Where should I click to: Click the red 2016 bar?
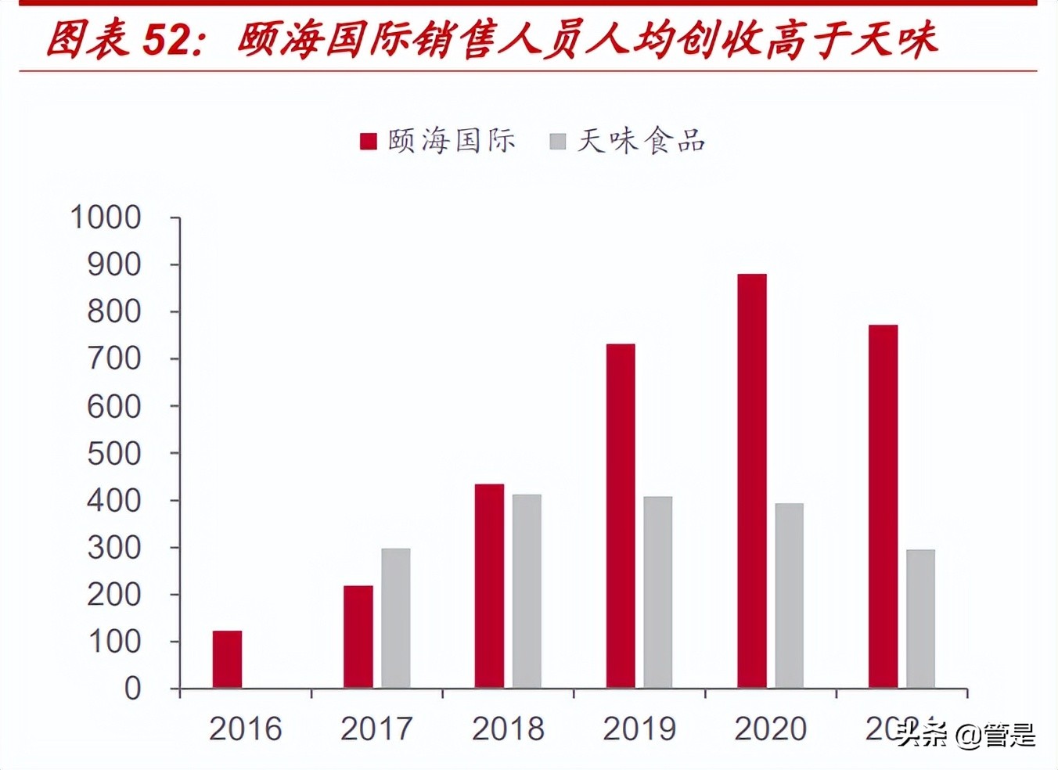coord(227,660)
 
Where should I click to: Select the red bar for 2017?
coord(358,637)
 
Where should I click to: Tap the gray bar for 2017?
coord(396,618)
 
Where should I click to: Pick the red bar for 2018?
coord(489,586)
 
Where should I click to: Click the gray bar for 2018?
coord(527,592)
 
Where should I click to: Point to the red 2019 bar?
coord(621,516)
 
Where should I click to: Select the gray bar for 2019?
coord(658,592)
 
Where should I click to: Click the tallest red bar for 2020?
coord(752,481)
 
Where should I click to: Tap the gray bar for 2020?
coord(789,595)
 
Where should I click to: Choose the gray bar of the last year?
coord(920,619)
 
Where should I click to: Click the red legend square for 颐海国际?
coord(369,141)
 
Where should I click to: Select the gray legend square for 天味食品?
coord(558,141)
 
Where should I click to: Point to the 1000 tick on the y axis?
coord(106,218)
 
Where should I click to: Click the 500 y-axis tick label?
coord(114,454)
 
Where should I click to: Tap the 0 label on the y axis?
coord(133,689)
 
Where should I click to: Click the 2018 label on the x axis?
coord(508,729)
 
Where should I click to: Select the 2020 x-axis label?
coord(770,729)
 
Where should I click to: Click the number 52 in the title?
coord(167,39)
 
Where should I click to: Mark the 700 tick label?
coord(114,359)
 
